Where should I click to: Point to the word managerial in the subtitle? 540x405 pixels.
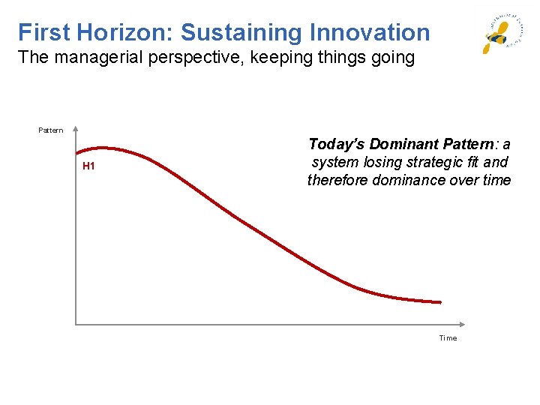pos(94,58)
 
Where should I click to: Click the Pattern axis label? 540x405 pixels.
pos(51,130)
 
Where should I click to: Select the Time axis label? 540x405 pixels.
pos(448,338)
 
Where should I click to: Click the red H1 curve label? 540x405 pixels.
pos(88,166)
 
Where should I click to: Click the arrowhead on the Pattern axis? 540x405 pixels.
pos(76,129)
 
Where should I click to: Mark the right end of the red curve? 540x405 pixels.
pos(440,302)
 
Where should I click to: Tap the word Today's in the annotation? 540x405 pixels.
pos(335,144)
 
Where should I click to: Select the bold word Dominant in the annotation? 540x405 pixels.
pos(398,144)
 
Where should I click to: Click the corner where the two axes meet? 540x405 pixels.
pos(76,324)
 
